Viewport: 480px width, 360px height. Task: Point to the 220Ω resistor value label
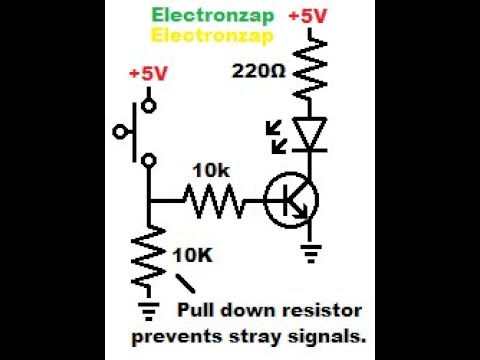tap(259, 72)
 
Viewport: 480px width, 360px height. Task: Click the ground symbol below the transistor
tap(312, 254)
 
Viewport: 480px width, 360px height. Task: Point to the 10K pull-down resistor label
tap(193, 255)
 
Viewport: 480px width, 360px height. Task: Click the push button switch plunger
tap(125, 130)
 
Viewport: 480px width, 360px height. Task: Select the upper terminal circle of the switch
tap(149, 103)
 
